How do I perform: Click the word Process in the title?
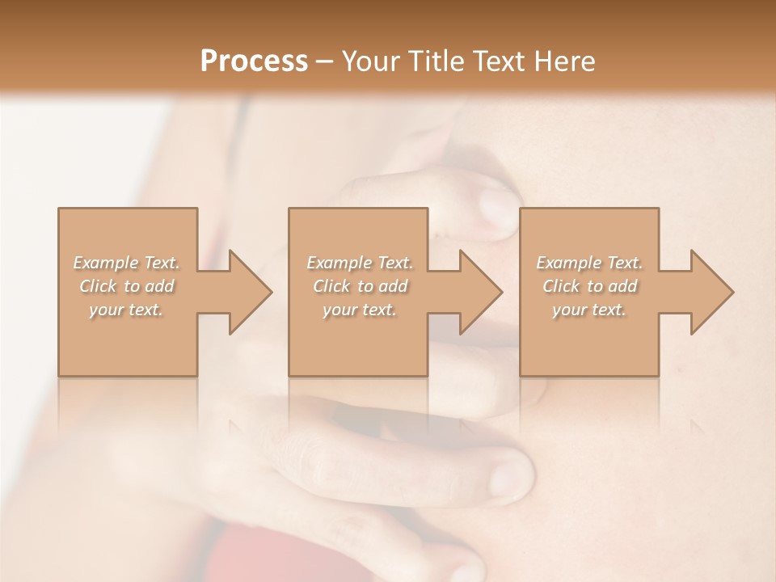[254, 61]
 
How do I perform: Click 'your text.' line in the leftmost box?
[126, 310]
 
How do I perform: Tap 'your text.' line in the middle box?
[359, 310]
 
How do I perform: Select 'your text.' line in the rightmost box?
[588, 310]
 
